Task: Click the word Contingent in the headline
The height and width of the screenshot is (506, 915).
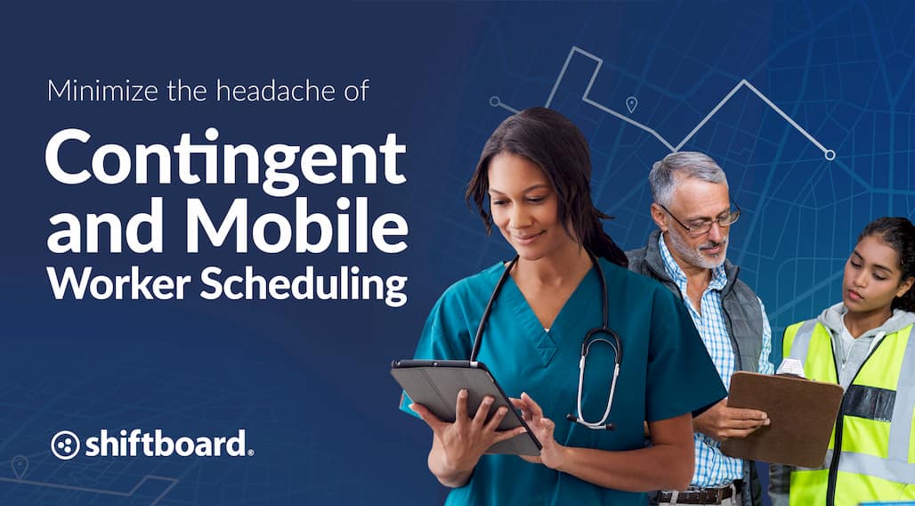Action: click(226, 155)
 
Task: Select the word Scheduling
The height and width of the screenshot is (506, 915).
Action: click(304, 284)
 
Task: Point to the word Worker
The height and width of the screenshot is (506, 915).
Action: click(118, 284)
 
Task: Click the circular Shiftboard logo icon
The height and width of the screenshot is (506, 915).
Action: click(65, 445)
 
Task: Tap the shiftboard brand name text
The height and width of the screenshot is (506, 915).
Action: click(166, 444)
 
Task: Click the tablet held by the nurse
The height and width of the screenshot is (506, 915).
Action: click(466, 405)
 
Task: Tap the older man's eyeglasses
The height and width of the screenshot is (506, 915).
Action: click(702, 218)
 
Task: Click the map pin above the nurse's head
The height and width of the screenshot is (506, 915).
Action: click(631, 104)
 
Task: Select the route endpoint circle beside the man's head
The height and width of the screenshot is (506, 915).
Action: click(830, 155)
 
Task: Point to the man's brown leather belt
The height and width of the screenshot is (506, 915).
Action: click(698, 494)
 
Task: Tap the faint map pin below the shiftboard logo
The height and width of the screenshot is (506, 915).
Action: click(20, 466)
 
